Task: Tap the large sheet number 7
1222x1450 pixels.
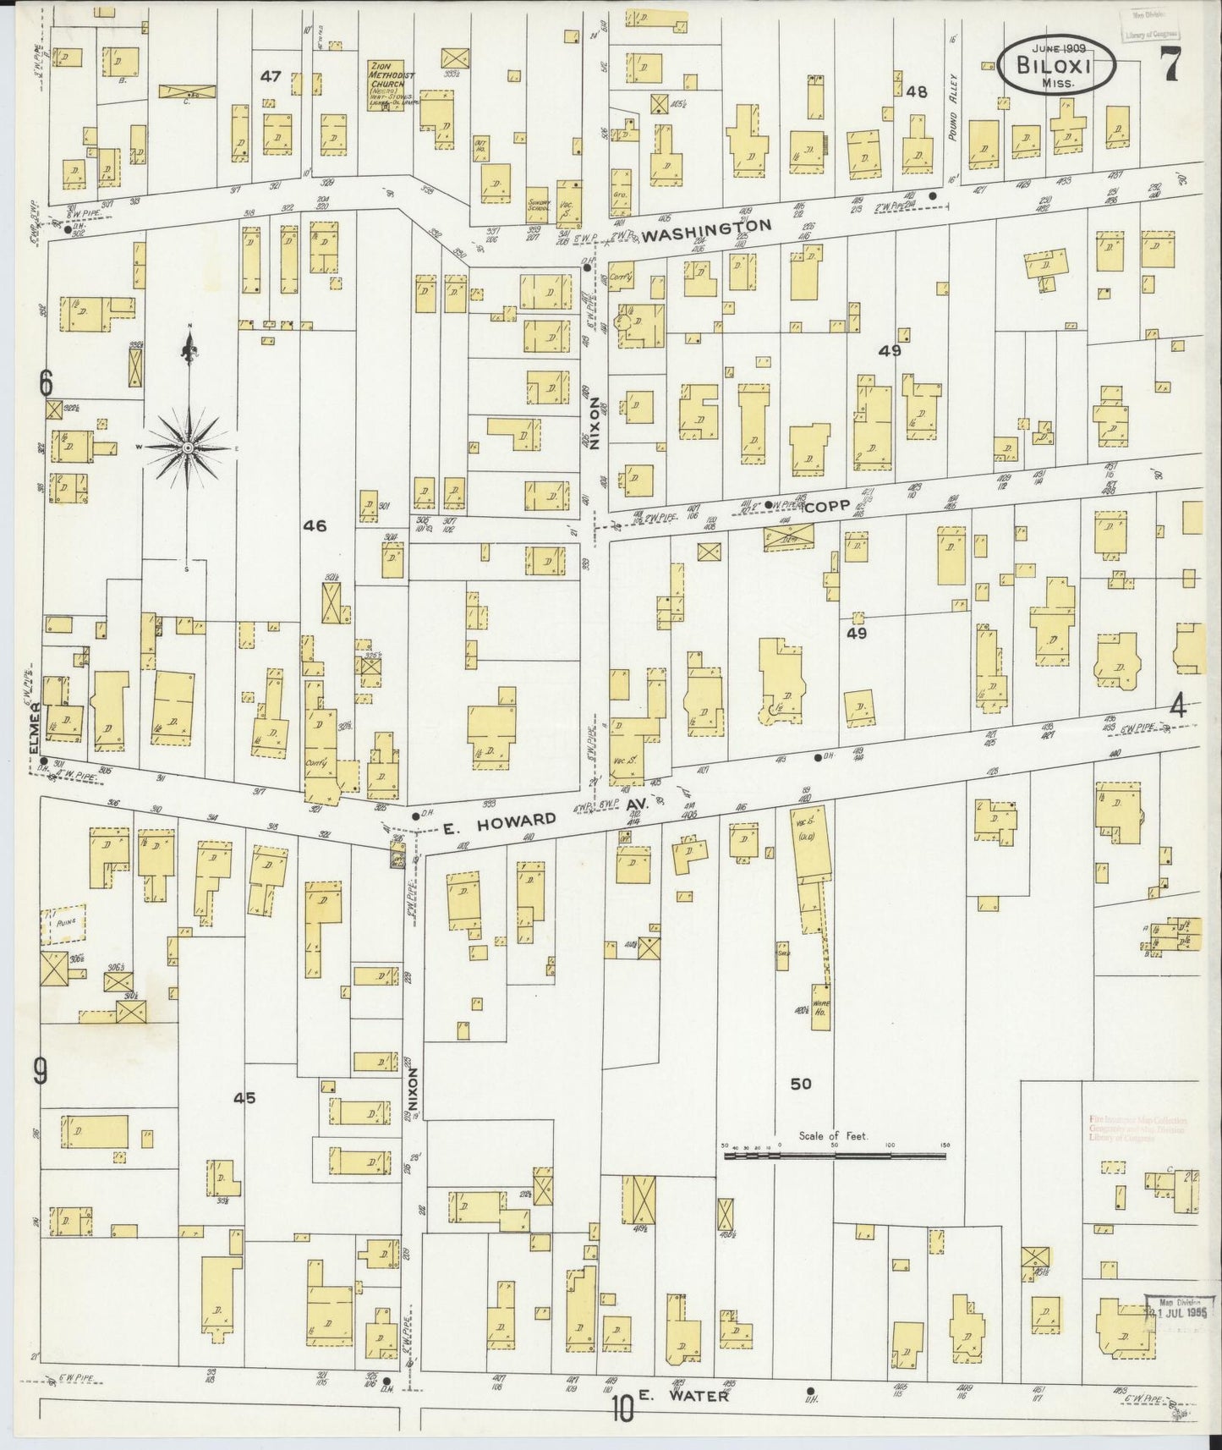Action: click(x=1170, y=64)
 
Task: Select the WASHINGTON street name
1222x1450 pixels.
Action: click(x=707, y=231)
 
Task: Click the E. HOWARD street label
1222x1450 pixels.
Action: click(x=501, y=821)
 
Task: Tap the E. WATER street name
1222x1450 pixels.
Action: click(x=683, y=1396)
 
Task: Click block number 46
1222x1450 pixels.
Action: click(x=315, y=525)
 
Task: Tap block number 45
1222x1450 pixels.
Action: click(x=244, y=1098)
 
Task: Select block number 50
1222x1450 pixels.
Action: click(x=800, y=1084)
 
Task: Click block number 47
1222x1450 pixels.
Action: click(x=271, y=76)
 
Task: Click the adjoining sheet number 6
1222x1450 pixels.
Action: click(x=46, y=383)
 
